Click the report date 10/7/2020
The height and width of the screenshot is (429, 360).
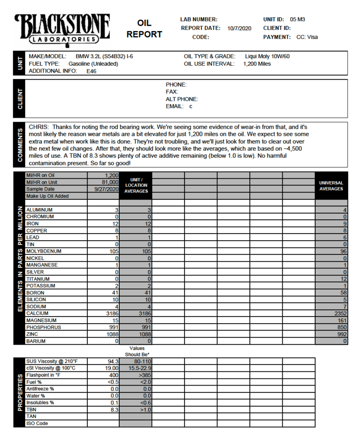click(239, 28)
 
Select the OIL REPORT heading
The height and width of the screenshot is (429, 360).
click(144, 29)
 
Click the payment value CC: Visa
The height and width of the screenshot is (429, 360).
click(307, 37)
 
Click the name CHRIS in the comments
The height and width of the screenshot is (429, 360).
click(39, 127)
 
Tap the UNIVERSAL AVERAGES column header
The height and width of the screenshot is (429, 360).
click(331, 185)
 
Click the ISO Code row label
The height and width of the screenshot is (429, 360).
click(37, 423)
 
